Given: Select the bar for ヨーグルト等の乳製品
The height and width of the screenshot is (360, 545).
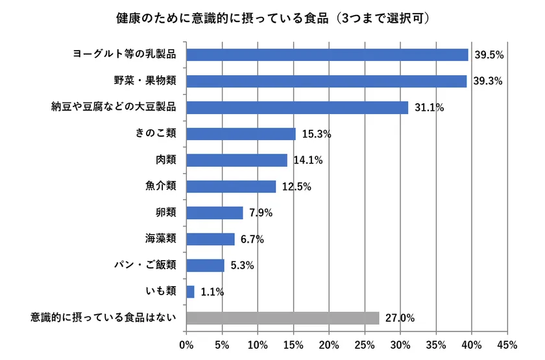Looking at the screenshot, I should coord(327,54).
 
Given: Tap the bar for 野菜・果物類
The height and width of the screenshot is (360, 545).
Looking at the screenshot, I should coord(326,81).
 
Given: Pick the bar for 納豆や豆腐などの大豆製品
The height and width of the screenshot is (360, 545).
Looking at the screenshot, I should coord(297,107).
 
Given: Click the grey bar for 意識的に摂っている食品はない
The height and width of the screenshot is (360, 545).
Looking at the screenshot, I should coord(283,318).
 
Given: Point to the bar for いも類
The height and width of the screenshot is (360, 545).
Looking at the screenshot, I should coord(190,292).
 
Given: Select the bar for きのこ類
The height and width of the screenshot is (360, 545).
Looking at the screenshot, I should coord(241,134).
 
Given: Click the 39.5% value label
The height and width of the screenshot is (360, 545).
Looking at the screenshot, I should coord(489,55).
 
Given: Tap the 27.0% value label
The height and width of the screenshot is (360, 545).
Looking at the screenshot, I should coord(400,318).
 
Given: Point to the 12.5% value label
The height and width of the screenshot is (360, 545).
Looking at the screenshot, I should coord(297,187).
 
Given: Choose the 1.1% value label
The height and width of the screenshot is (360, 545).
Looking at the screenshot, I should coord(213,293).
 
